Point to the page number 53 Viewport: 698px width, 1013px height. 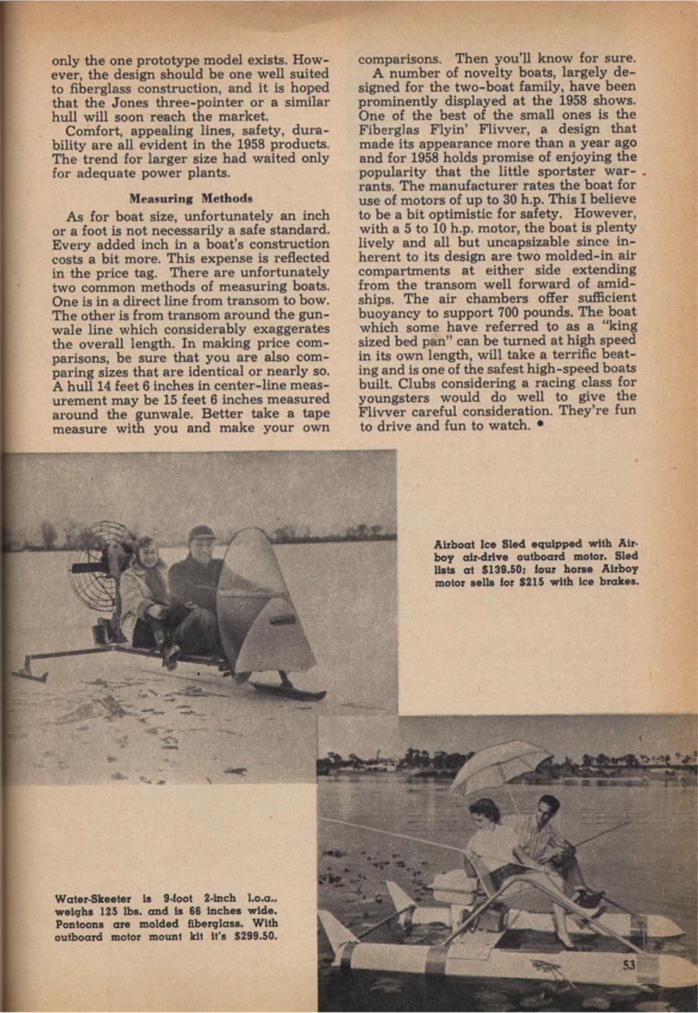click(x=630, y=965)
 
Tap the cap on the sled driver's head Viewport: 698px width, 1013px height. click(x=201, y=533)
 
